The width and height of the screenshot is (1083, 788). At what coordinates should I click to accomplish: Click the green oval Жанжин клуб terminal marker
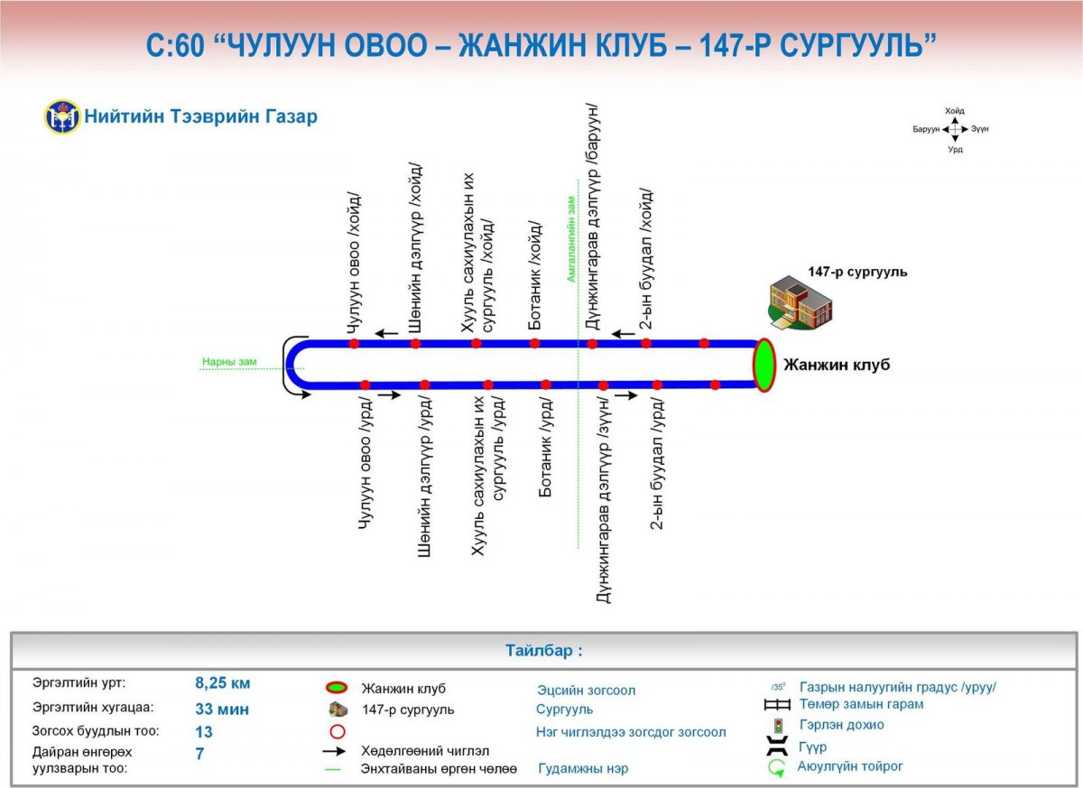(764, 365)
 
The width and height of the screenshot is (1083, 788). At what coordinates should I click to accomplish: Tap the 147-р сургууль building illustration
(801, 302)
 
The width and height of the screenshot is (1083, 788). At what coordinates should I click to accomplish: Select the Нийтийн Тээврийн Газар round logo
(62, 116)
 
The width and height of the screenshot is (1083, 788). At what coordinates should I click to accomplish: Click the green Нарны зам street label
(229, 362)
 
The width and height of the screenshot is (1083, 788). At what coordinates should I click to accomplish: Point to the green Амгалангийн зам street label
(571, 239)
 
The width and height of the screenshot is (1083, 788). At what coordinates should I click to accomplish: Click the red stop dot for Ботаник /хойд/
(534, 343)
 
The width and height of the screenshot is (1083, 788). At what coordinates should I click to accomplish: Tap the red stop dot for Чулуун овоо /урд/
(365, 385)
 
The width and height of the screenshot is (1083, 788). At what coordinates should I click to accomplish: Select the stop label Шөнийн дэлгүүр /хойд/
(415, 248)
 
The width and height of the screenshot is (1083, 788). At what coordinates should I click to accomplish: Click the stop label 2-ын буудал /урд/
(657, 464)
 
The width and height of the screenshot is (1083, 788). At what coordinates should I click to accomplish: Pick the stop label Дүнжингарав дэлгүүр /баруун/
(592, 217)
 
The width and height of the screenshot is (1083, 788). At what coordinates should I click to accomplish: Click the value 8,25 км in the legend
(222, 683)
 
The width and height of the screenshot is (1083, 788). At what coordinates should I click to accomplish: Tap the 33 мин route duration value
(222, 709)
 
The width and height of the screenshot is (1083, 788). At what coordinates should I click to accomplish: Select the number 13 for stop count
(204, 732)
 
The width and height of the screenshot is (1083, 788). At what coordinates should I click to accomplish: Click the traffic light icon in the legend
(778, 726)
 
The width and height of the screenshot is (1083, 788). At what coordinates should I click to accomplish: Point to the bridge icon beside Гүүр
(777, 746)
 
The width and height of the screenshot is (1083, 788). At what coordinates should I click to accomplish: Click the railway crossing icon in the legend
(777, 705)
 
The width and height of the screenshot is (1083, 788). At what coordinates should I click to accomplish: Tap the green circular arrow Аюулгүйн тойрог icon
(776, 768)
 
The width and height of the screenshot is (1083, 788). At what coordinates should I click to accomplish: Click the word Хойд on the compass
(955, 111)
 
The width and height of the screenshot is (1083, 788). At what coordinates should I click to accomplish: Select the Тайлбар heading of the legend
(544, 651)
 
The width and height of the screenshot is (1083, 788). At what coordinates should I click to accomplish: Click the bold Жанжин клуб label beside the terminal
(837, 365)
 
